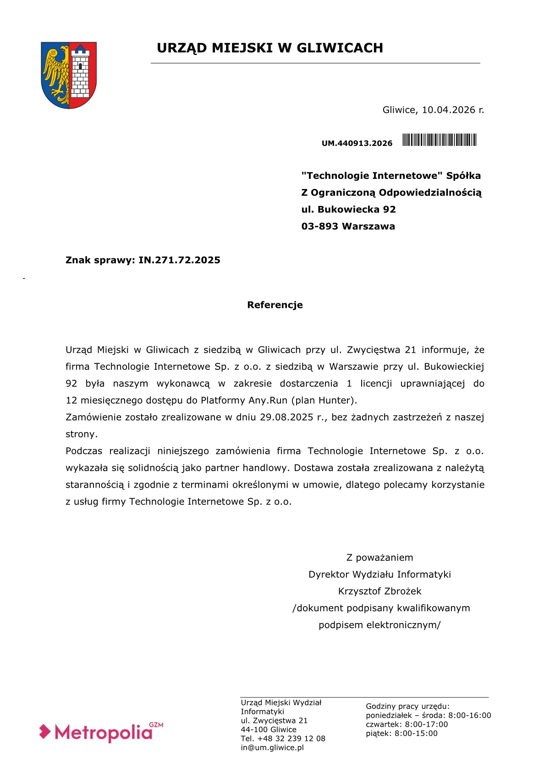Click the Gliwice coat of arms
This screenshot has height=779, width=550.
point(69,75)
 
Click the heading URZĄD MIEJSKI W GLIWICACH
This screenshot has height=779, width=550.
point(269,48)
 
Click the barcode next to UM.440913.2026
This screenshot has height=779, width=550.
point(440,140)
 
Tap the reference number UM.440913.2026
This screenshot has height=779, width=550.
point(357,143)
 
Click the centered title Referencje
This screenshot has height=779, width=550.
point(275,305)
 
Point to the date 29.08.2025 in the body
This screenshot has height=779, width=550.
point(286,417)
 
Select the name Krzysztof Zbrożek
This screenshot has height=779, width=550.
point(379,591)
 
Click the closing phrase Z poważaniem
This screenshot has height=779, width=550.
point(379,558)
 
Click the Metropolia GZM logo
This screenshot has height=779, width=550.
point(101,732)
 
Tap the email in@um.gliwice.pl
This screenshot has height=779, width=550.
point(272,748)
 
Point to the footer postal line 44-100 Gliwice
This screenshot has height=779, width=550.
point(269,729)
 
